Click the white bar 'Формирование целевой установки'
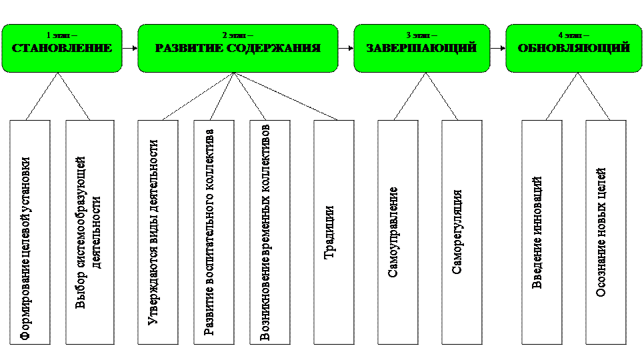pos(30,232)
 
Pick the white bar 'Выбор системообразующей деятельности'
pos(90,232)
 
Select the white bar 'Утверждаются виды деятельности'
pos(157,232)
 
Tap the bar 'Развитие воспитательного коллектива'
pos(213,232)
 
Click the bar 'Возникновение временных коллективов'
pos(269,232)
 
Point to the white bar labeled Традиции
pos(333,232)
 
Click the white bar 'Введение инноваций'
pos(541,232)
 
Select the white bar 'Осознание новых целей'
pos(605,232)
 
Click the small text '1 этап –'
pos(61,35)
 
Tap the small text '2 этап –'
pos(237,35)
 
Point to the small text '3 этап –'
pos(421,35)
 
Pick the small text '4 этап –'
pos(573,35)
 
